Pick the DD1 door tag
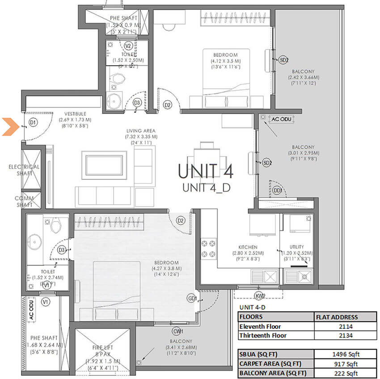click(x=278, y=191)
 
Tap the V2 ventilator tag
click(x=128, y=46)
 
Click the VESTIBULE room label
click(x=75, y=114)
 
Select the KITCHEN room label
click(x=248, y=247)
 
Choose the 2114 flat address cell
click(x=343, y=326)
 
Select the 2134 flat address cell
click(x=343, y=336)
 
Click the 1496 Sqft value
click(x=343, y=355)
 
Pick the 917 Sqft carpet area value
click(x=343, y=364)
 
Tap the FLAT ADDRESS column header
click(x=343, y=317)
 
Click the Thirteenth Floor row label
click(x=264, y=336)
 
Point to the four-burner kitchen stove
click(x=209, y=248)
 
